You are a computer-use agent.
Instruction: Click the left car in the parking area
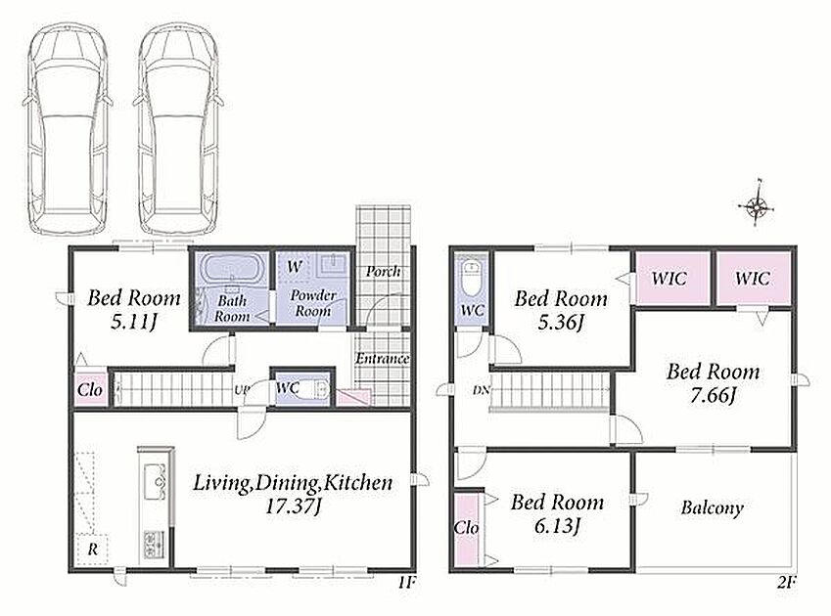click(x=68, y=129)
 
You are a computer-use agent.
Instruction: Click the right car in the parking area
click(x=179, y=129)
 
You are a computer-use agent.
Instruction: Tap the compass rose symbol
click(x=757, y=203)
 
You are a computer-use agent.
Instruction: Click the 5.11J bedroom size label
click(x=133, y=322)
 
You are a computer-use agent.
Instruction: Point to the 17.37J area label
click(x=293, y=506)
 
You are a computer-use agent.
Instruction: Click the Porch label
click(x=383, y=272)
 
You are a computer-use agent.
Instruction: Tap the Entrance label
click(x=382, y=359)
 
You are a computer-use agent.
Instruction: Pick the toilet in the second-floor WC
click(x=471, y=279)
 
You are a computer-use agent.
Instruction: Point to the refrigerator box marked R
click(x=92, y=550)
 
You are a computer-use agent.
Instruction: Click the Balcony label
click(x=712, y=508)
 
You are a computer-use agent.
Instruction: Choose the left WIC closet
click(x=672, y=279)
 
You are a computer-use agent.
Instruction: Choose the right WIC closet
click(x=754, y=279)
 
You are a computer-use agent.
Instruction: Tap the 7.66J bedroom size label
click(x=713, y=396)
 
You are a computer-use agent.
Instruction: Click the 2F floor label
click(x=787, y=583)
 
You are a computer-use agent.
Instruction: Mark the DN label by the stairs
click(x=482, y=390)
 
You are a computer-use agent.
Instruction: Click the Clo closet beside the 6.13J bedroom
click(x=467, y=528)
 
